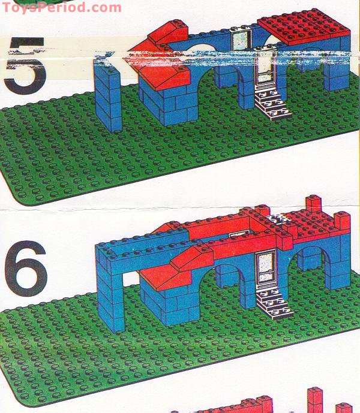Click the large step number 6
(25, 267)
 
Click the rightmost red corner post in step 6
(342, 222)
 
